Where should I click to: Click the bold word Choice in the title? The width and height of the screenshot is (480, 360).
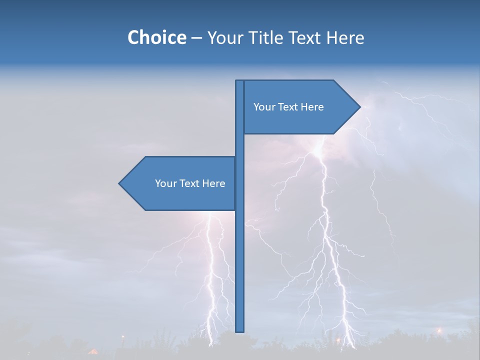pos(156,37)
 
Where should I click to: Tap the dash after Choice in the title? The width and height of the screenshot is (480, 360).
pos(196,38)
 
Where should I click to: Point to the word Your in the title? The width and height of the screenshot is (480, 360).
pos(225,37)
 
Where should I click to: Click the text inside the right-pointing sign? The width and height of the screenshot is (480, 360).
pos(288,107)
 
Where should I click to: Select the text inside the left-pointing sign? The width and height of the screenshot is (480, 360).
pos(190,183)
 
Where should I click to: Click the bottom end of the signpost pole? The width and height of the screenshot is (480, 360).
pos(240,330)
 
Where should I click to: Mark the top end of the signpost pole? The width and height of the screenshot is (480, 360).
pos(240,81)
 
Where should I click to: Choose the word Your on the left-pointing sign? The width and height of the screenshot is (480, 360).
pos(165,183)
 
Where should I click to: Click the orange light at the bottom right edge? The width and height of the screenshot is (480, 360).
pos(439,330)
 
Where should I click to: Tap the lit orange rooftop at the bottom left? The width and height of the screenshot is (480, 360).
pos(93,351)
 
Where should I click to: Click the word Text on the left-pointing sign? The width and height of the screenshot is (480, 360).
pos(189,183)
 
